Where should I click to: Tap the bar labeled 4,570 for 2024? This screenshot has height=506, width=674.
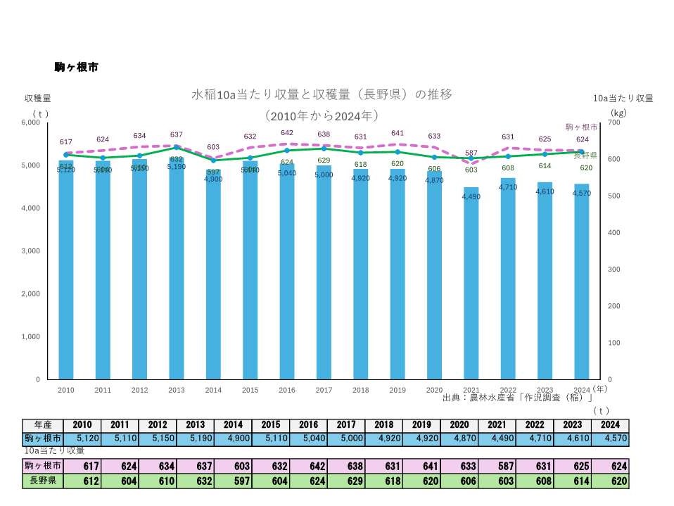[x=581, y=282]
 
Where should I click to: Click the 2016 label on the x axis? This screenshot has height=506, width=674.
[x=287, y=389]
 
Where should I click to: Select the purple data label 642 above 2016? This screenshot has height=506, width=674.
[x=287, y=132]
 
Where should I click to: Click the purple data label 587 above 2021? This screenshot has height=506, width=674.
[x=471, y=153]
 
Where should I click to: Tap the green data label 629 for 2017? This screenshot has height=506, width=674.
[x=324, y=160]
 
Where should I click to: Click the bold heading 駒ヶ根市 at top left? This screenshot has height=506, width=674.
[x=76, y=68]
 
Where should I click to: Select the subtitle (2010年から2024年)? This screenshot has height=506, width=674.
[x=322, y=115]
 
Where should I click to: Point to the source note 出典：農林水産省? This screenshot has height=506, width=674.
[x=517, y=398]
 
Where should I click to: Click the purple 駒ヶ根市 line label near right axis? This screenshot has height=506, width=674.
[x=581, y=127]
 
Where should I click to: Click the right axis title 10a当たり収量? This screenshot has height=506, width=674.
[x=623, y=98]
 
